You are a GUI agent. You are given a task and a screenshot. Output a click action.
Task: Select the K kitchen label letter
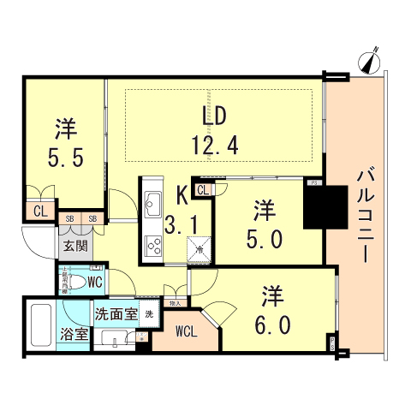tap(182, 196)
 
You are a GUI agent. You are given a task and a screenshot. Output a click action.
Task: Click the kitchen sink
tap(154, 204)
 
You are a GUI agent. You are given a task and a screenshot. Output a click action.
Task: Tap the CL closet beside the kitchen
tap(205, 190)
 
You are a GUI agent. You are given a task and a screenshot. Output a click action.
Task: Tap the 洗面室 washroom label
tap(116, 314)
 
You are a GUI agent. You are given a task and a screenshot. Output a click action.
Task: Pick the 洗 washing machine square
tap(150, 314)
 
